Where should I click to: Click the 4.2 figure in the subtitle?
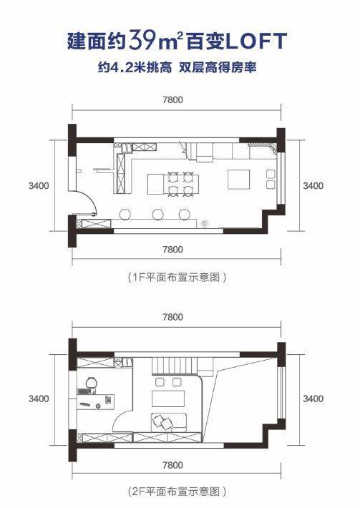coord(122,68)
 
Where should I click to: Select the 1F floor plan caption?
coord(177,278)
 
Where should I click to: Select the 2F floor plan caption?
coord(177,492)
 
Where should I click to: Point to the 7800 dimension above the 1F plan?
coord(173,99)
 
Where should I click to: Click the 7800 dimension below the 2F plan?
coord(173,465)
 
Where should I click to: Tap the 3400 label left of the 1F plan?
coord(39,185)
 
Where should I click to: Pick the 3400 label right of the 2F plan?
coord(313,399)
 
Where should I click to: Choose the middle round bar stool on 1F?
coord(157,214)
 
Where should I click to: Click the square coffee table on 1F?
coord(238,179)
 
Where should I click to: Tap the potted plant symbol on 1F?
coord(205,223)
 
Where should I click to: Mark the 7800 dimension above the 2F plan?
coord(173,316)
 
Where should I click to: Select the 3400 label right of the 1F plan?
coord(313,185)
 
